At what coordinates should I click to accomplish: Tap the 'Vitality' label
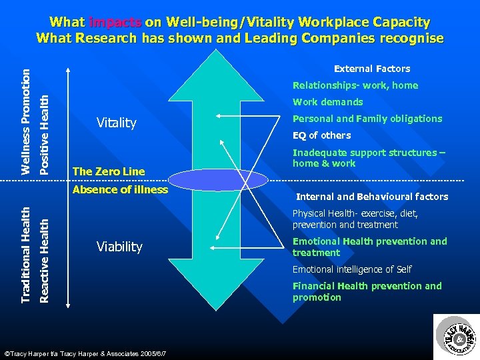(x=116, y=123)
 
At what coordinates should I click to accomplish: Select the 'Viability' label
(x=119, y=247)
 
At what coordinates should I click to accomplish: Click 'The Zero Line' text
(x=108, y=171)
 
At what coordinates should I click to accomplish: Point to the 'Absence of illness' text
(x=120, y=189)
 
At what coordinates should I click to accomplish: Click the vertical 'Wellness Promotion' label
(x=25, y=121)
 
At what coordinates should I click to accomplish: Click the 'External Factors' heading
(x=372, y=69)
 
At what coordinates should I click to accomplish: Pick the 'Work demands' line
(x=328, y=102)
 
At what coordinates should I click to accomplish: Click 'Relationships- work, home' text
(x=355, y=85)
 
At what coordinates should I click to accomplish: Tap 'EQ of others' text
(x=321, y=135)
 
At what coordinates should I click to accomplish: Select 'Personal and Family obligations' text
(x=367, y=119)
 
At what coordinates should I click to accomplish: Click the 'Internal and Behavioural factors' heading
(x=372, y=197)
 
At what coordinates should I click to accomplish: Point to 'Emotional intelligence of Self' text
(x=352, y=269)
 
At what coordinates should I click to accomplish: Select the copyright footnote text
(x=85, y=351)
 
